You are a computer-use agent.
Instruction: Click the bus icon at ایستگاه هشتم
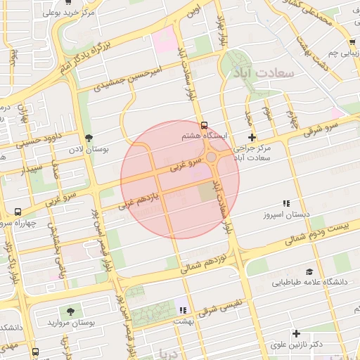(x=205, y=126)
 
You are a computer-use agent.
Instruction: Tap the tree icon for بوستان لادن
(x=89, y=138)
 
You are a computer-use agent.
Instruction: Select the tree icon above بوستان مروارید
(x=70, y=311)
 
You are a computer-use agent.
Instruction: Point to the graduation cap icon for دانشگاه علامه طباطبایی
(x=309, y=271)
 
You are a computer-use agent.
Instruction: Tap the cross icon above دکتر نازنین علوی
(x=296, y=333)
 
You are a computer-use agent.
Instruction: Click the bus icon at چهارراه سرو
(x=17, y=212)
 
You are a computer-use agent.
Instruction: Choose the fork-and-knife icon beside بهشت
(x=184, y=310)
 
